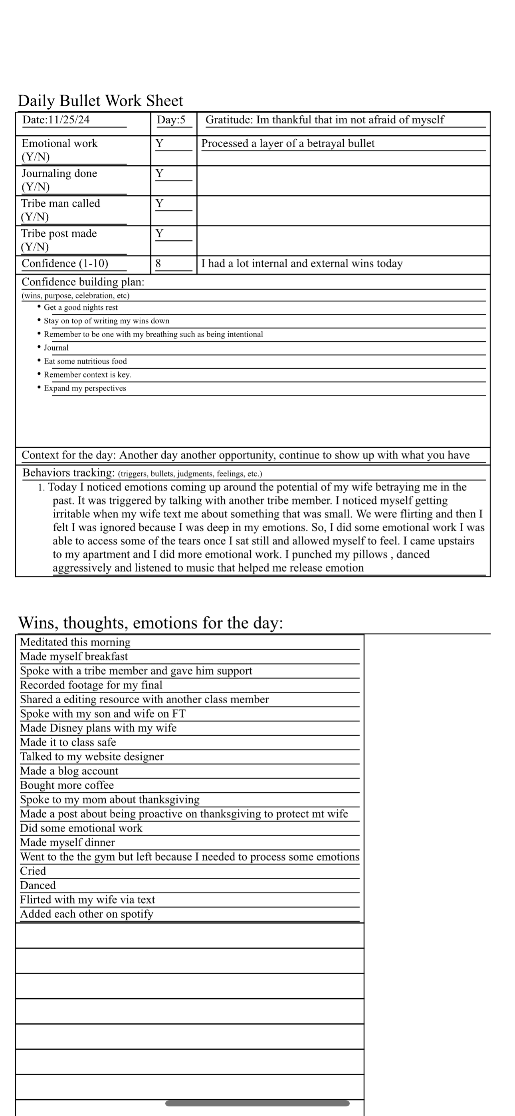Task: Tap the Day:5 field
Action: (x=171, y=120)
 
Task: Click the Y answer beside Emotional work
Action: (x=160, y=143)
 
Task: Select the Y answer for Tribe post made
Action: (x=160, y=233)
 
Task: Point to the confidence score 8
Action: (x=158, y=263)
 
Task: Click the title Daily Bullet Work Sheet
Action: (x=101, y=101)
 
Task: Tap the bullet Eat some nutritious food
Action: (x=85, y=361)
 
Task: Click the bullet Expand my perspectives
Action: (x=85, y=388)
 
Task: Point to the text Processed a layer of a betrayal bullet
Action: (x=288, y=143)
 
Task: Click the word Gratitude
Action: (x=228, y=120)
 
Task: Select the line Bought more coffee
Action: (x=67, y=786)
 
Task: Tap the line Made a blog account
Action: (x=69, y=771)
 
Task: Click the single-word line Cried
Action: (x=33, y=871)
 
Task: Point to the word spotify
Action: (x=137, y=914)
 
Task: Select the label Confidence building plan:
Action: (x=83, y=282)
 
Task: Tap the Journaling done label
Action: (x=59, y=174)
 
